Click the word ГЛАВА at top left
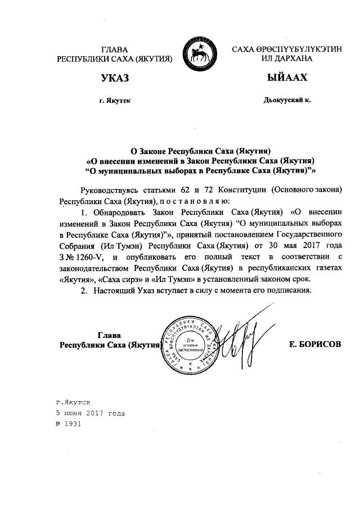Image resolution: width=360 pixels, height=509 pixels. tap(114, 51)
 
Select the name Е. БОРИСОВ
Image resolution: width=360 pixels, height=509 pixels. tap(314, 344)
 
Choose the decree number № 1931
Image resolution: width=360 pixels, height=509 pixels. tap(69, 424)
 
